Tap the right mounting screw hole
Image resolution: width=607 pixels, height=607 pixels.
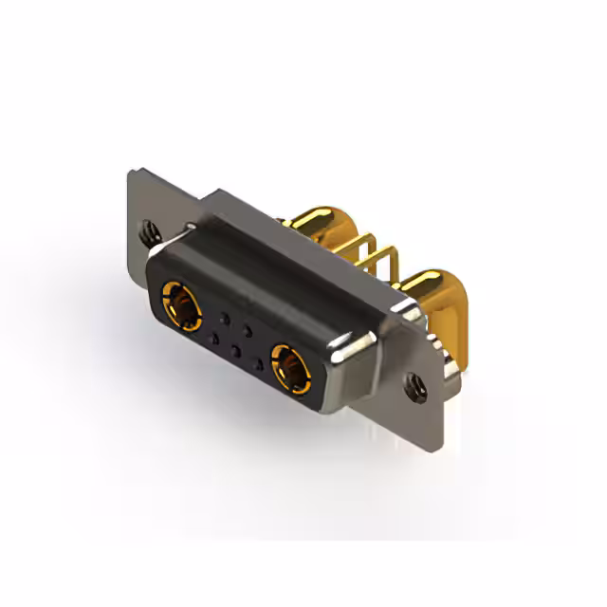pos(414,384)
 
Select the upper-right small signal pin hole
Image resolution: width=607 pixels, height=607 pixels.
pos(248,330)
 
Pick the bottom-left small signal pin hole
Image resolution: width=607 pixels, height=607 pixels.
pos(215,338)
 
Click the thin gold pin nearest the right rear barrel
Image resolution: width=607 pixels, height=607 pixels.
pos(389,266)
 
